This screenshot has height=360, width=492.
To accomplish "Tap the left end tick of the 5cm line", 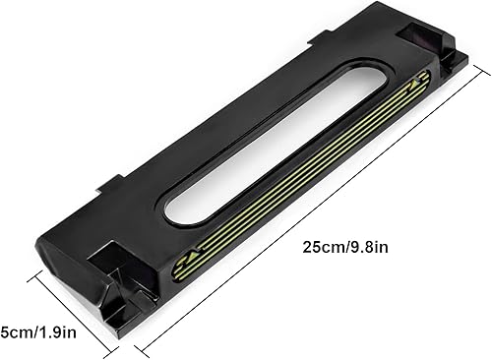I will (x=36, y=276).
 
